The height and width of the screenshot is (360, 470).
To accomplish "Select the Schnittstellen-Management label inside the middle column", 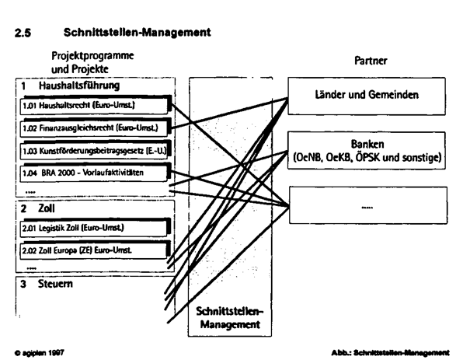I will tap(231, 316).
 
